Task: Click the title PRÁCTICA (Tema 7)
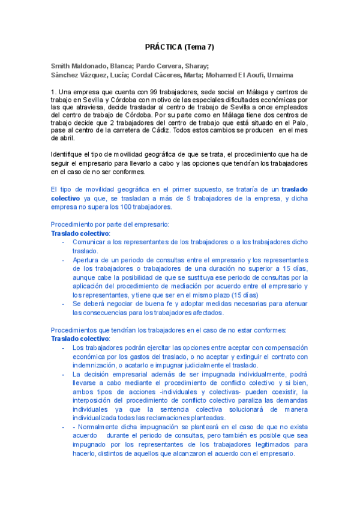179,47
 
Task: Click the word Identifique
70,155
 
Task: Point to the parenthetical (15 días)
242,295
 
